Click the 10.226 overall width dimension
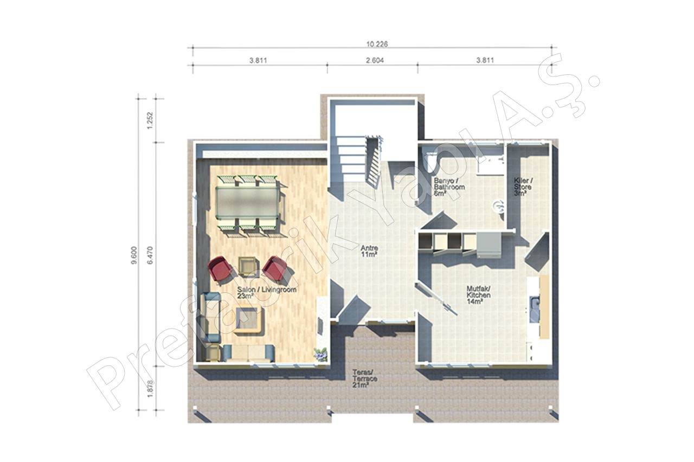click(x=377, y=44)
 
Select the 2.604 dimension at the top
click(x=375, y=60)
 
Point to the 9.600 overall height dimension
click(x=134, y=255)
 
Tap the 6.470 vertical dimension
click(x=151, y=255)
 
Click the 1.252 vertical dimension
click(x=150, y=120)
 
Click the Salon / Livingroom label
click(x=267, y=293)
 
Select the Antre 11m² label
click(x=369, y=251)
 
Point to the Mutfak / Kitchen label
click(x=479, y=295)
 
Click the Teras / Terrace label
click(x=365, y=378)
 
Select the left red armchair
click(x=220, y=268)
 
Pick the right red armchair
click(x=274, y=268)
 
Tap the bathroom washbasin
click(x=498, y=207)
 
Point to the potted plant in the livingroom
click(x=320, y=354)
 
